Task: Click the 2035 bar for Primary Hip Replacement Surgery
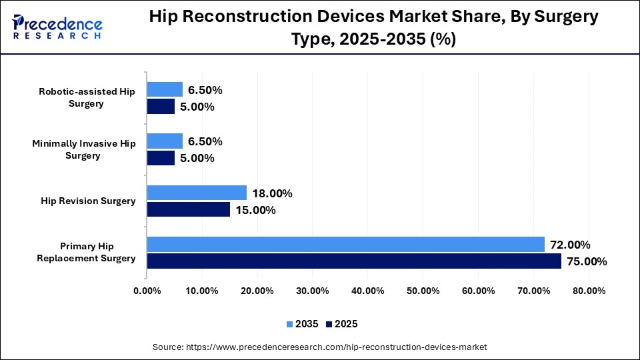click(345, 244)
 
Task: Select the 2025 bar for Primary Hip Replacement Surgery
click(354, 261)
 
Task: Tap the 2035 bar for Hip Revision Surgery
click(197, 193)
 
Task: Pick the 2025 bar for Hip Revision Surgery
click(188, 209)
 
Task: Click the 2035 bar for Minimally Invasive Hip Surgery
click(165, 141)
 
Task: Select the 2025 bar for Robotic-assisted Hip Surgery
click(161, 106)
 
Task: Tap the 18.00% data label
click(271, 193)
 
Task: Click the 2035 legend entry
click(304, 324)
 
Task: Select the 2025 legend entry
click(342, 324)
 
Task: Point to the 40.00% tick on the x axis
click(367, 291)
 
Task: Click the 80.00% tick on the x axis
click(588, 291)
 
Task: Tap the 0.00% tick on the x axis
click(147, 291)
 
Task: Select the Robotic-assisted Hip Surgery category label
click(87, 97)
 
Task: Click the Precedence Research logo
click(57, 27)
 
